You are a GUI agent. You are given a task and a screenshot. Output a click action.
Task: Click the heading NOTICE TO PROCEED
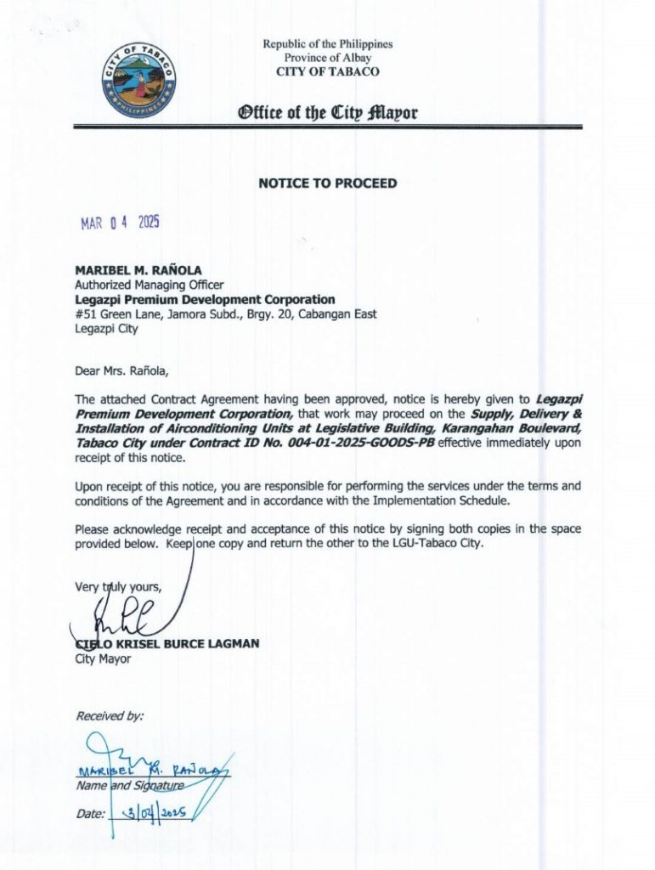(x=327, y=183)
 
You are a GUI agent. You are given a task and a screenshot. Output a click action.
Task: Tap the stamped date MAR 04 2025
(x=120, y=223)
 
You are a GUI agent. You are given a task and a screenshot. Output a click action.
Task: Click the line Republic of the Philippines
(x=327, y=44)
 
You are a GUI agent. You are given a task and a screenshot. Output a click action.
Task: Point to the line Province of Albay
(x=327, y=58)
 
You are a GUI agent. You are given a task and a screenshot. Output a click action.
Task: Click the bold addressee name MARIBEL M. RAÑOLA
(x=138, y=271)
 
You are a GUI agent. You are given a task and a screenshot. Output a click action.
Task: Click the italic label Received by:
(x=110, y=717)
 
